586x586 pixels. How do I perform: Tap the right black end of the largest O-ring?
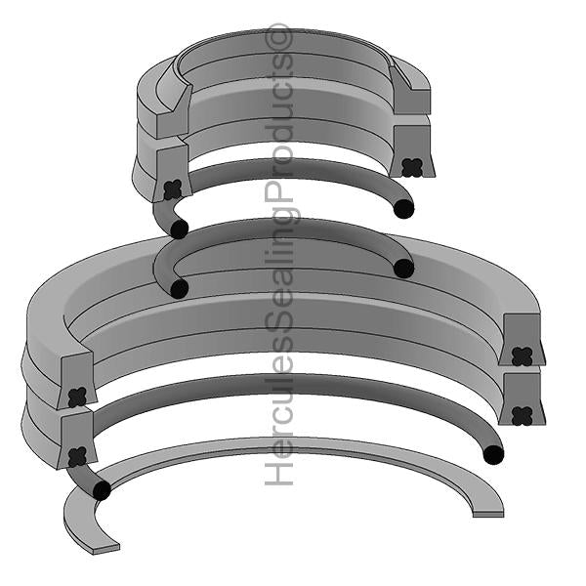tap(493, 454)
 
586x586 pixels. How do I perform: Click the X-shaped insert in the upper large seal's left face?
tap(77, 396)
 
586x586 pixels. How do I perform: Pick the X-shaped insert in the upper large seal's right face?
tap(522, 356)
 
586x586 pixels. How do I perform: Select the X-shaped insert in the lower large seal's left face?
tap(77, 455)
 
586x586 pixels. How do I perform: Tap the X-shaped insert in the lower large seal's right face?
tap(522, 415)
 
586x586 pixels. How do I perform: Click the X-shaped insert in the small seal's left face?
tap(173, 189)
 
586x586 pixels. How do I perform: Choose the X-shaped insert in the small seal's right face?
tap(412, 167)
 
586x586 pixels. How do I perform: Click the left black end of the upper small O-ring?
tap(179, 229)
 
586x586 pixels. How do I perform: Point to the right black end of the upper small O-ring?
tap(403, 208)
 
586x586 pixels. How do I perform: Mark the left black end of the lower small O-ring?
tap(179, 288)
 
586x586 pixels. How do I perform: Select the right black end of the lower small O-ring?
tap(403, 268)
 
